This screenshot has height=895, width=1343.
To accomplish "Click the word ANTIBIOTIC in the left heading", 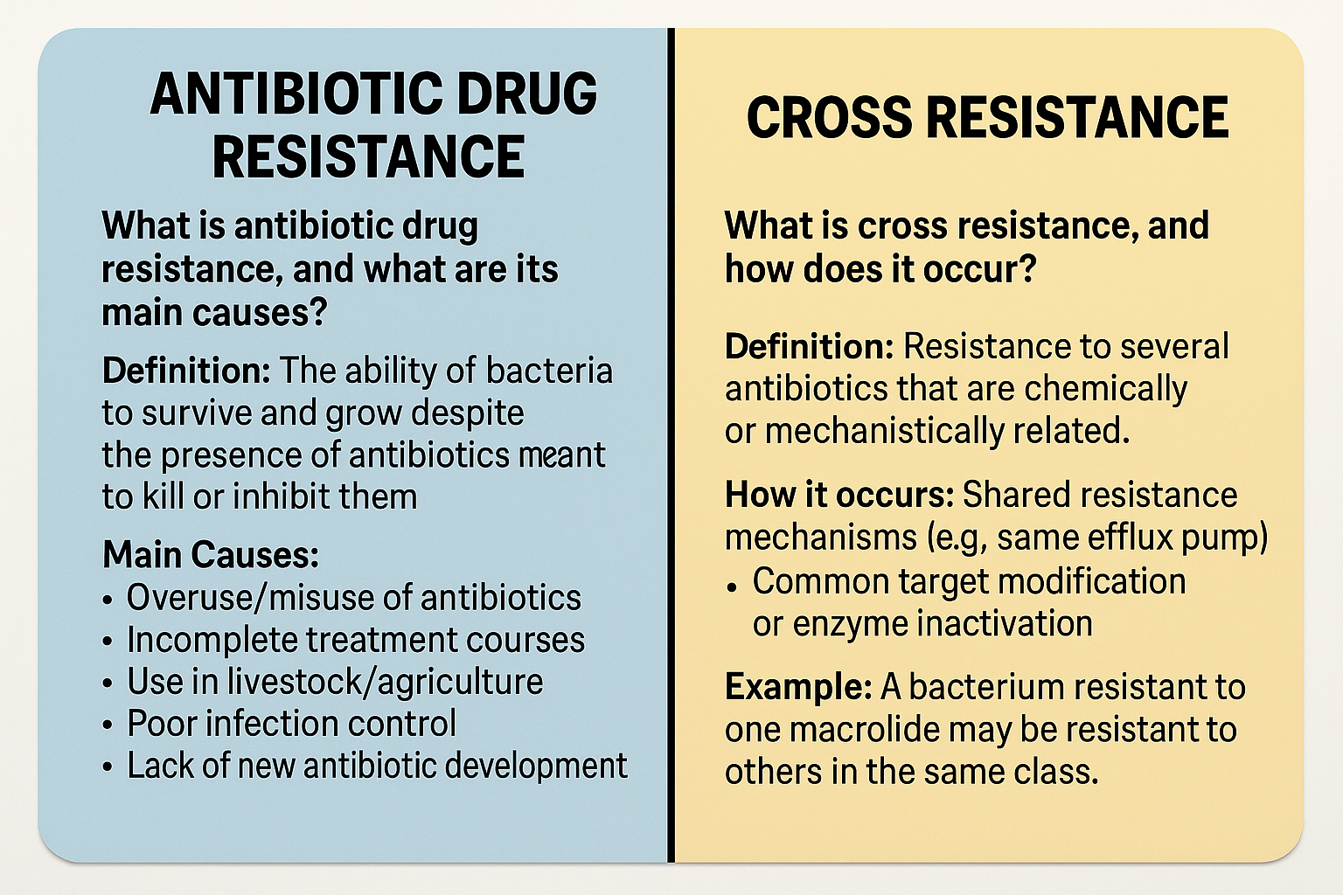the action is (x=297, y=94).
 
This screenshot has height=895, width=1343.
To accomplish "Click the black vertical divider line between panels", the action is (x=671, y=445).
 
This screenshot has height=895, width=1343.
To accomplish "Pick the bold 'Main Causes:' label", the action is (x=211, y=554).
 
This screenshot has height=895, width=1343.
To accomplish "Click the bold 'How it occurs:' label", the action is (x=839, y=496).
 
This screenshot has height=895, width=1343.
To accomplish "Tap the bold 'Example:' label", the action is (x=798, y=687).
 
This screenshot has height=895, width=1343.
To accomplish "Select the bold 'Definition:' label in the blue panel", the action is (x=186, y=371).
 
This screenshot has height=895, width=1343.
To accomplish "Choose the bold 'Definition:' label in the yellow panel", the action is (x=810, y=346).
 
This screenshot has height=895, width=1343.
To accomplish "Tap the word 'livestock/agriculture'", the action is (x=385, y=682).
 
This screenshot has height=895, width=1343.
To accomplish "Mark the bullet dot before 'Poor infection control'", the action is (x=108, y=725).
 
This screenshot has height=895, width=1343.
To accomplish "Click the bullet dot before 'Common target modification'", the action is (x=731, y=587).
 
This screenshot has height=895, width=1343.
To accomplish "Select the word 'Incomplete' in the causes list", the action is (x=212, y=640).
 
